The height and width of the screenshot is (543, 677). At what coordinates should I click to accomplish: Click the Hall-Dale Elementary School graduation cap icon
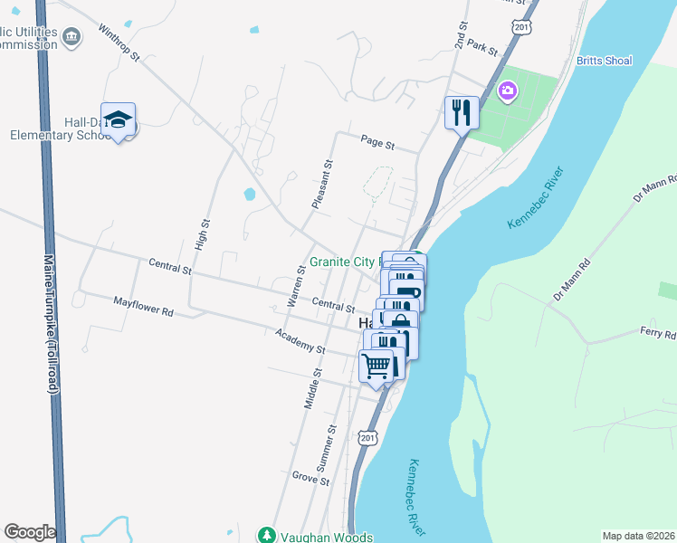coord(119,119)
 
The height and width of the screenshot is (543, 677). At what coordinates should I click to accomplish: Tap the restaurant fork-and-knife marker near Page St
coord(462,112)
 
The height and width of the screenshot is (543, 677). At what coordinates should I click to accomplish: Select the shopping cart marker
coord(376,367)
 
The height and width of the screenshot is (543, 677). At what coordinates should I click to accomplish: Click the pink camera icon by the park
coord(507,90)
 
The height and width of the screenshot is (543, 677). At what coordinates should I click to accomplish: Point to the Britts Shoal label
coord(604,61)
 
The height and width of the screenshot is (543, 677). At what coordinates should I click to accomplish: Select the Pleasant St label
coord(321,185)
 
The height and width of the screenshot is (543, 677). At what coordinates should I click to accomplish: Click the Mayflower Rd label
coord(143,306)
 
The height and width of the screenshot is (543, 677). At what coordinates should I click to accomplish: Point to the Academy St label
coord(300,341)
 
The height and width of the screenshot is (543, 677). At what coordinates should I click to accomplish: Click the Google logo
coord(30,532)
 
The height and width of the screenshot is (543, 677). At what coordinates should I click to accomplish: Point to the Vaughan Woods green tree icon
coord(267,536)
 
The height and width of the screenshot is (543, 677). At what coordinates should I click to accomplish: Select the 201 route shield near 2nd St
coord(520,28)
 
